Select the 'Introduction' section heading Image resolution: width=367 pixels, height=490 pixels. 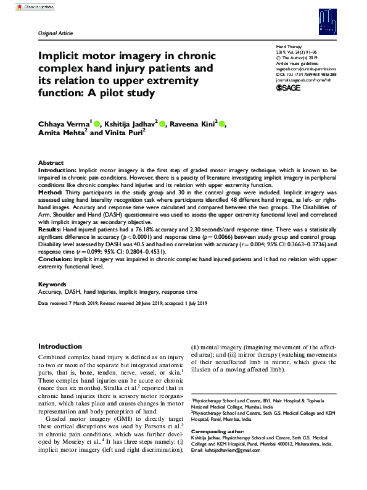60,347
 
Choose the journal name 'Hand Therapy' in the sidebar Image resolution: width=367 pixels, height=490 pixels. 289,47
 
